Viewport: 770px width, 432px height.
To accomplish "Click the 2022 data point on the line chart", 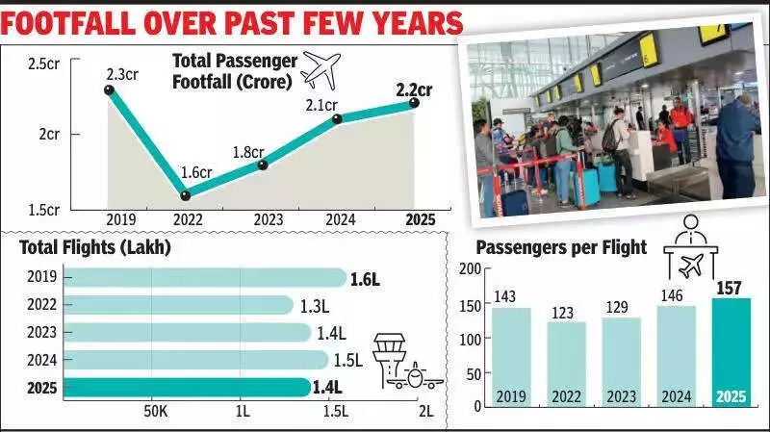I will tap(185, 195).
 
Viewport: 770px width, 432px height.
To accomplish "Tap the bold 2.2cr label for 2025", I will tap(414, 91).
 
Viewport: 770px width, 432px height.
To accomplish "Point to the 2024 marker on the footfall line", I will tap(337, 118).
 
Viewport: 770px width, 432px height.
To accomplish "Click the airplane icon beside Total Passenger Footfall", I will tap(321, 69).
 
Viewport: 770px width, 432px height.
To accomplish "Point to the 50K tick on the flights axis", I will tap(155, 411).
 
